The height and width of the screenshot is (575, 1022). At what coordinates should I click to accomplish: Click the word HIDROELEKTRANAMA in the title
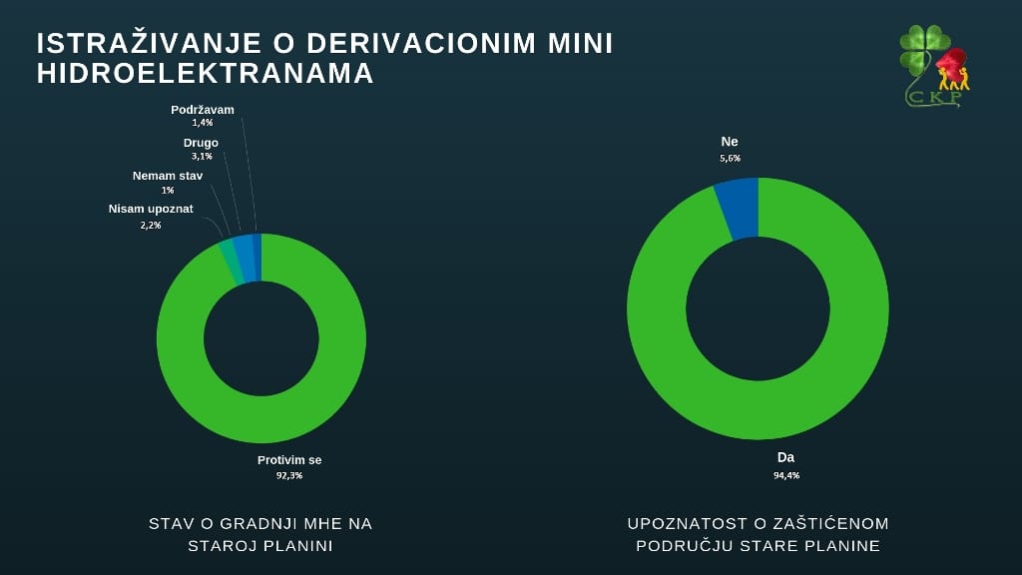(x=206, y=74)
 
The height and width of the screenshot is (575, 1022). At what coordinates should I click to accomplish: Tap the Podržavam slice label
(x=203, y=110)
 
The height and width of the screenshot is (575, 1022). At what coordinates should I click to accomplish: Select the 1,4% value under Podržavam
(x=203, y=123)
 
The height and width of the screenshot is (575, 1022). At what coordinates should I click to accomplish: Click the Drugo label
(x=201, y=143)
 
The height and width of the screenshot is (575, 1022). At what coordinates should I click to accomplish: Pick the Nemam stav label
(x=168, y=176)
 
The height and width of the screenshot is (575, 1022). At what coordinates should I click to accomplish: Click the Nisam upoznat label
(x=151, y=209)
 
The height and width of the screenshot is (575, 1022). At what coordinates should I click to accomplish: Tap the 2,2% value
(x=151, y=225)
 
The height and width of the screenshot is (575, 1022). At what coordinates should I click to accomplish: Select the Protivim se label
(x=289, y=460)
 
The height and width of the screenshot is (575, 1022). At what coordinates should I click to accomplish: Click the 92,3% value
(x=289, y=475)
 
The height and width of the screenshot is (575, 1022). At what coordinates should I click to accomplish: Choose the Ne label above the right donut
(x=730, y=142)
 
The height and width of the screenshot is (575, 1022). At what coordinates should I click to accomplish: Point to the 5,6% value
(x=730, y=158)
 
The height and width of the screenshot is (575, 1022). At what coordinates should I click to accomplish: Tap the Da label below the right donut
(x=785, y=457)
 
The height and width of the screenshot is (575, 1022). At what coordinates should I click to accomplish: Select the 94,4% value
(x=785, y=474)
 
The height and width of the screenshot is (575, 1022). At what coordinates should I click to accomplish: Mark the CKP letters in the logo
(x=934, y=97)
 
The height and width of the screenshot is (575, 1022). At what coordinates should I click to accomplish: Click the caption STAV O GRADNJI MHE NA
(x=260, y=523)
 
